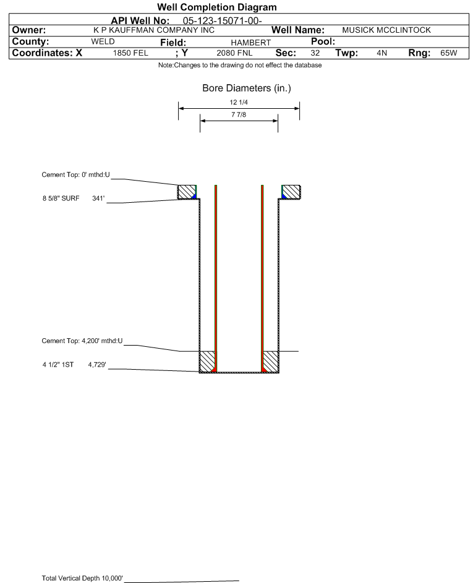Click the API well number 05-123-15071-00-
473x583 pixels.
point(223,20)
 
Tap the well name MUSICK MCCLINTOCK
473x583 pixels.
point(386,30)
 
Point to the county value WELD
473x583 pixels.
point(103,41)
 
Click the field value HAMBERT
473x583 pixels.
point(251,42)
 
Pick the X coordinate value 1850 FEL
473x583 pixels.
point(130,53)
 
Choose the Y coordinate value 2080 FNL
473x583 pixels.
point(234,53)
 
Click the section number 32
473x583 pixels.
point(315,53)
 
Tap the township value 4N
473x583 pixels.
point(381,53)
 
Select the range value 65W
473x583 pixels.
point(448,53)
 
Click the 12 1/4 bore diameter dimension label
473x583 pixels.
point(238,103)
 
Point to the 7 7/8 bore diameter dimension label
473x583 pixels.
point(238,115)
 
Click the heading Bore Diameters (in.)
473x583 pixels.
point(246,88)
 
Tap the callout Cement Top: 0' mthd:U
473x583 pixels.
point(75,175)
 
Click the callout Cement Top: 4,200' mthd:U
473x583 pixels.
point(82,341)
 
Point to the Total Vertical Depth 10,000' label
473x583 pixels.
point(82,578)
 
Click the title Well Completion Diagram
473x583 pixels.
point(217,7)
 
